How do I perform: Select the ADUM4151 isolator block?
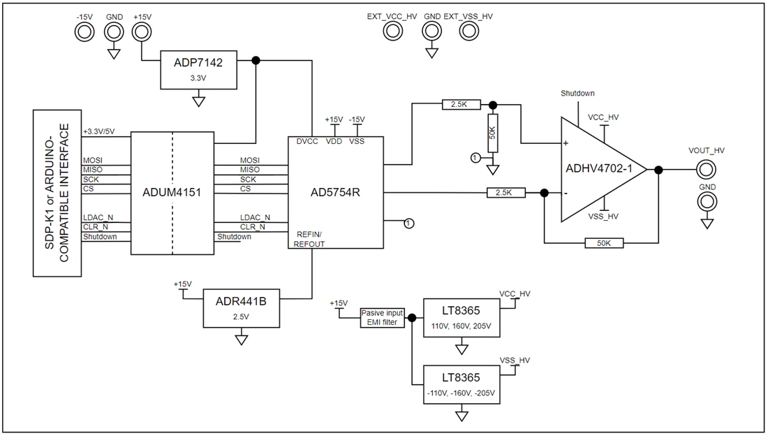click(172, 192)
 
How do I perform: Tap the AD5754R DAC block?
click(336, 192)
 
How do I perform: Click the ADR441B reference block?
click(242, 307)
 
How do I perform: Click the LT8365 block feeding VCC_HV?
click(461, 317)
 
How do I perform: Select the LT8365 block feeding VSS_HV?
click(461, 385)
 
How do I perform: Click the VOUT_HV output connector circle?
click(707, 169)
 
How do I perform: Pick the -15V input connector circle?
click(84, 31)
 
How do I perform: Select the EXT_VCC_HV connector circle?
click(392, 31)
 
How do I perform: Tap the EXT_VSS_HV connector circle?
click(472, 31)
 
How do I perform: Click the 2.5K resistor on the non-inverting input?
click(460, 105)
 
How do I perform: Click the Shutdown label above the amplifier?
click(577, 93)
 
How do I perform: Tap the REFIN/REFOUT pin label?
click(310, 239)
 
